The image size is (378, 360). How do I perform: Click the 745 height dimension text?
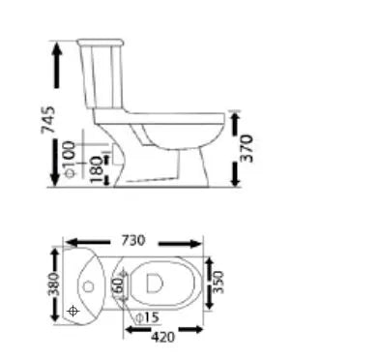(x=60, y=118)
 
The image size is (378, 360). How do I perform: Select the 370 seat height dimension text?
(x=248, y=147)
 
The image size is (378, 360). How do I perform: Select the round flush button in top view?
(x=88, y=285)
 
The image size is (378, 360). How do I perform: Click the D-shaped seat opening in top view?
(x=153, y=282)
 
